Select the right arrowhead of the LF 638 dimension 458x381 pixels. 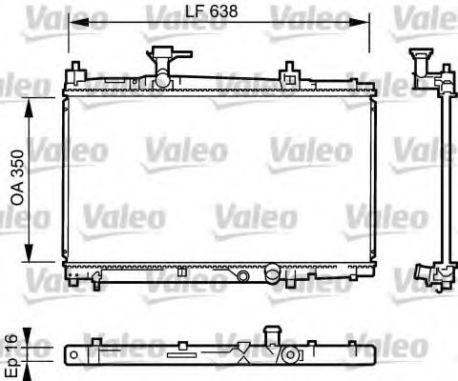point(364,20)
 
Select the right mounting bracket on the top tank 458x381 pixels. point(287,70)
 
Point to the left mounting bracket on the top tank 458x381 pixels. point(75,72)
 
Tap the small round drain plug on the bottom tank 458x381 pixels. point(246,274)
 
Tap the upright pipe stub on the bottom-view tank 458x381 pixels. point(271,336)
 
